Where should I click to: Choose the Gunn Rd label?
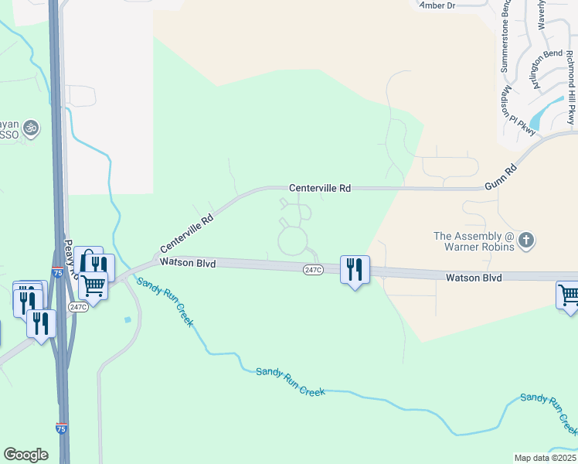500,177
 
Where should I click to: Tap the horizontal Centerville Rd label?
320,188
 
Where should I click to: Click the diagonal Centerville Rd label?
186,234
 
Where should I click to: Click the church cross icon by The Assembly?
525,240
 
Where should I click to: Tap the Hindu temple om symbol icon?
31,127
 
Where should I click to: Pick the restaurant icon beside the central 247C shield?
355,269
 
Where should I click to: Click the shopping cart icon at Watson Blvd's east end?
569,295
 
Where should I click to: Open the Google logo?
25,455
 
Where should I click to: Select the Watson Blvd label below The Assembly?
474,278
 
